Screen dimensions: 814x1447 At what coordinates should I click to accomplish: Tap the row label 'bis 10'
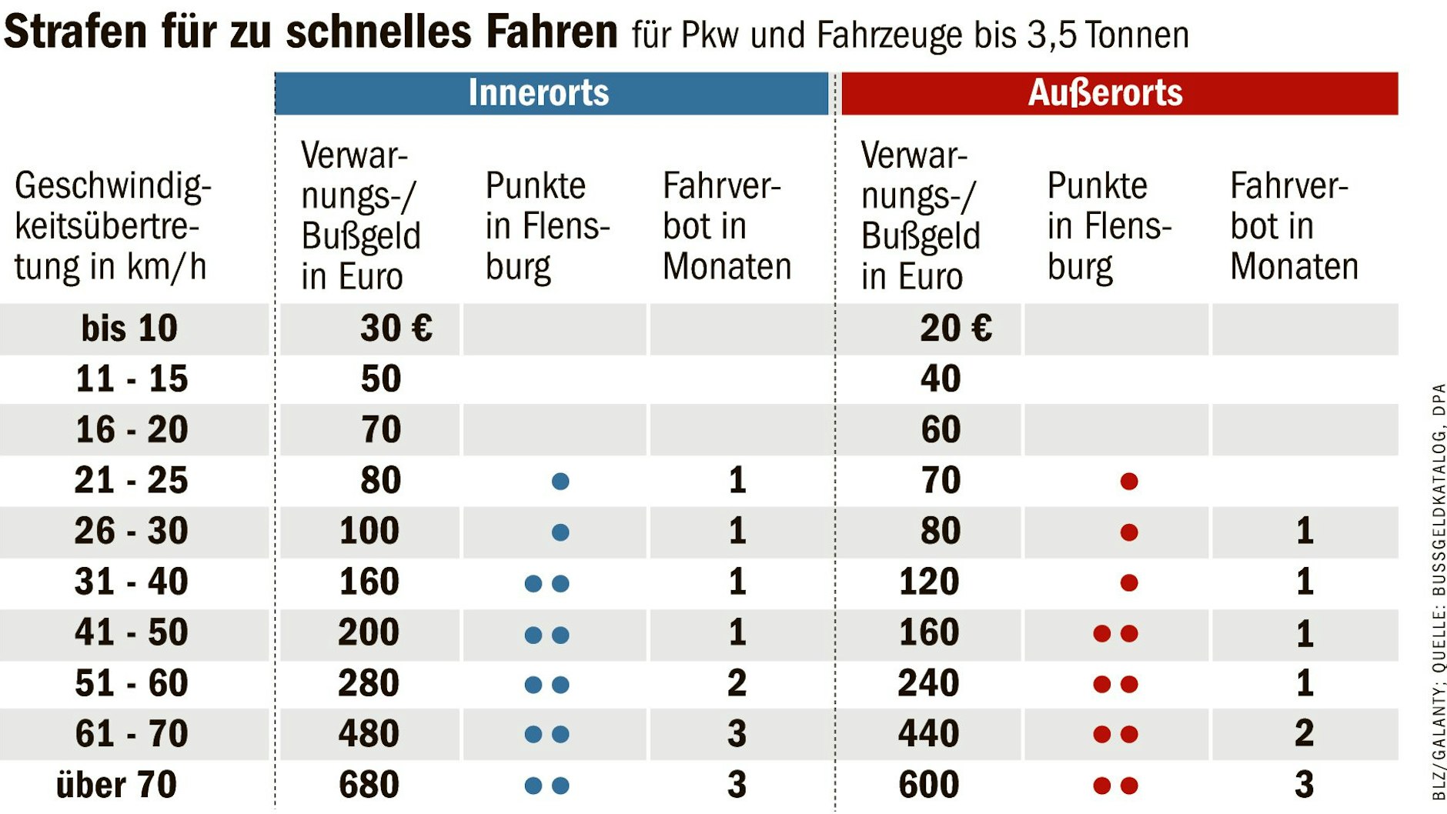129,329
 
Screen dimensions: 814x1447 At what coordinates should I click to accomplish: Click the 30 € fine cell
396,329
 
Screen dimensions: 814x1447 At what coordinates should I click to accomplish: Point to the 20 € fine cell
955,329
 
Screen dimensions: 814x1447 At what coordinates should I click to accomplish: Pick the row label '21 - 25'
131,480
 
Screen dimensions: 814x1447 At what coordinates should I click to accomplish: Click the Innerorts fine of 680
369,785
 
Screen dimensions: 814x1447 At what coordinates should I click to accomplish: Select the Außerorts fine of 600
928,785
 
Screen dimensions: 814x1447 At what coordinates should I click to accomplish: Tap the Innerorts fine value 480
369,734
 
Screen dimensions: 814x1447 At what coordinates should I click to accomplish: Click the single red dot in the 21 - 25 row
1129,482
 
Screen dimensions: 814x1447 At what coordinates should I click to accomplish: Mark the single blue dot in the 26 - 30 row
560,532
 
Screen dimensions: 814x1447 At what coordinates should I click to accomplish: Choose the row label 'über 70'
116,785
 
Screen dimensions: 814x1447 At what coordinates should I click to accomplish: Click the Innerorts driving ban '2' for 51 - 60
737,683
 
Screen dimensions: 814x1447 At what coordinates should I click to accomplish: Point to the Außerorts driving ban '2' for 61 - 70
1304,734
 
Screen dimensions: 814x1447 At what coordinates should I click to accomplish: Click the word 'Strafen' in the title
75,32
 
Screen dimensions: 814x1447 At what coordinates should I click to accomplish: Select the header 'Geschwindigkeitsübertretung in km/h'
112,226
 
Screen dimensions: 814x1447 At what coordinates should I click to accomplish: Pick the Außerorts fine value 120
928,582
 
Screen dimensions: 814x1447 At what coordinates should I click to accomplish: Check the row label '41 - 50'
131,632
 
